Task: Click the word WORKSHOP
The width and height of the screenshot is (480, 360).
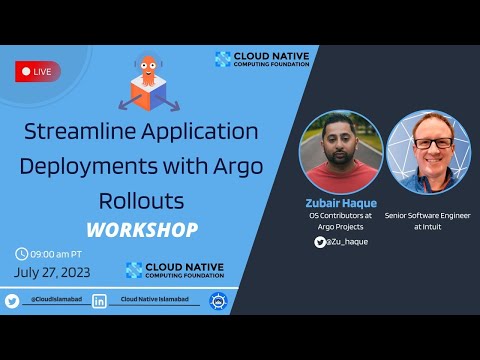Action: coord(141,229)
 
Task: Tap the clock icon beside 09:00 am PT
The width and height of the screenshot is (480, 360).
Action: coord(22,253)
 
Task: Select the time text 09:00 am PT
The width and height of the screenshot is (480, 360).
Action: coord(61,253)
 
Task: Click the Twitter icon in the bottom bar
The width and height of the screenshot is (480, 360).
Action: coord(12,300)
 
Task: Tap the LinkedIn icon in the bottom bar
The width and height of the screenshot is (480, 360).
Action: coord(99,300)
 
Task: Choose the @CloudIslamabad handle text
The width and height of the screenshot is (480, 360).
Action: coord(55,300)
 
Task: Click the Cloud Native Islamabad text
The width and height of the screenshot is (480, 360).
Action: coord(156,300)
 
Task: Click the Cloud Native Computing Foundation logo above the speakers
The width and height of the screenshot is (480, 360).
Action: coord(263,59)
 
